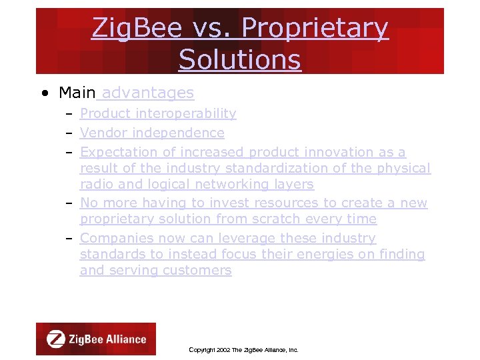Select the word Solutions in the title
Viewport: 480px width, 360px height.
point(239,59)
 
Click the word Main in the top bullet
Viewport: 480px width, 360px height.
point(77,93)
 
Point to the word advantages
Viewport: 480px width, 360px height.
point(148,93)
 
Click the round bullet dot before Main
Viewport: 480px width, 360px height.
point(43,93)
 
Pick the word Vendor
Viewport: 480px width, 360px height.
point(101,133)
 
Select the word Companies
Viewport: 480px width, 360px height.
point(115,238)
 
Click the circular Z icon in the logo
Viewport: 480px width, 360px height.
point(55,339)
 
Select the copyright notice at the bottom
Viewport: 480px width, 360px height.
point(244,350)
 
